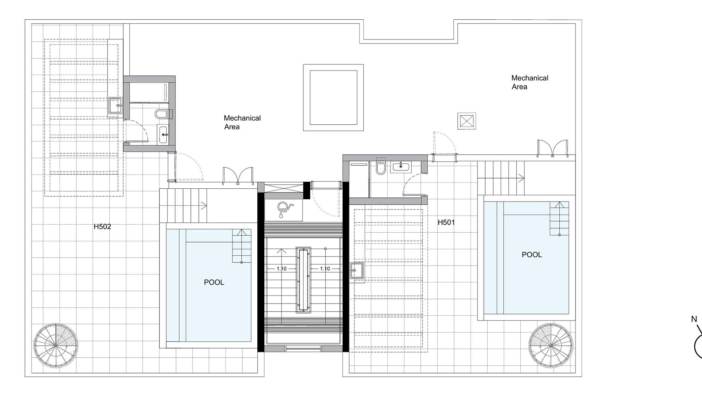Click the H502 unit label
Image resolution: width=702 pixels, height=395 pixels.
pyautogui.click(x=102, y=227)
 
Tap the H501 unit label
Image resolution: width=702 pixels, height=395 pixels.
pyautogui.click(x=446, y=222)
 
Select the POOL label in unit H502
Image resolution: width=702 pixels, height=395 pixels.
pyautogui.click(x=214, y=282)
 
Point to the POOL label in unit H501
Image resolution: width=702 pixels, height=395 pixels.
pyautogui.click(x=532, y=255)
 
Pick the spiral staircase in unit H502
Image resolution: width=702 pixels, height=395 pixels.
pyautogui.click(x=56, y=345)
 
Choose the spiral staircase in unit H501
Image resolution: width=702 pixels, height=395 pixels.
pyautogui.click(x=551, y=345)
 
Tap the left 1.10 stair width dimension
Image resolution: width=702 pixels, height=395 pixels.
pyautogui.click(x=282, y=269)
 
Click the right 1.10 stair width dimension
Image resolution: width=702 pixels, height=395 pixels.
pyautogui.click(x=325, y=269)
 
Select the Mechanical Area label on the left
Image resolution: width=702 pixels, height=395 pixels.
pyautogui.click(x=242, y=123)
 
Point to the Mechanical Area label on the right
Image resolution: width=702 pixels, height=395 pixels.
pyautogui.click(x=530, y=82)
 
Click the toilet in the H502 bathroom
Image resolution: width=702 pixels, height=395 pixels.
pyautogui.click(x=161, y=114)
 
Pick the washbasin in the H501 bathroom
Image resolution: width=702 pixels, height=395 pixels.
pyautogui.click(x=401, y=167)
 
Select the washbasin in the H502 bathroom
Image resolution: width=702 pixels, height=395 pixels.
pyautogui.click(x=163, y=135)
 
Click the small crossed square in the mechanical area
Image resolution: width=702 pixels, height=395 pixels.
pyautogui.click(x=467, y=121)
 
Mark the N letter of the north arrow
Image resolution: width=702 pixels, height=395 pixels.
pyautogui.click(x=694, y=319)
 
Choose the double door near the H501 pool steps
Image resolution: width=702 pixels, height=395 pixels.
pyautogui.click(x=552, y=148)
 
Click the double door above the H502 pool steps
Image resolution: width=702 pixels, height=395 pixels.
pyautogui.click(x=238, y=176)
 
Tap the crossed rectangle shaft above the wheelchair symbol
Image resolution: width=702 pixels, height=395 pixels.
pyautogui.click(x=283, y=189)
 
